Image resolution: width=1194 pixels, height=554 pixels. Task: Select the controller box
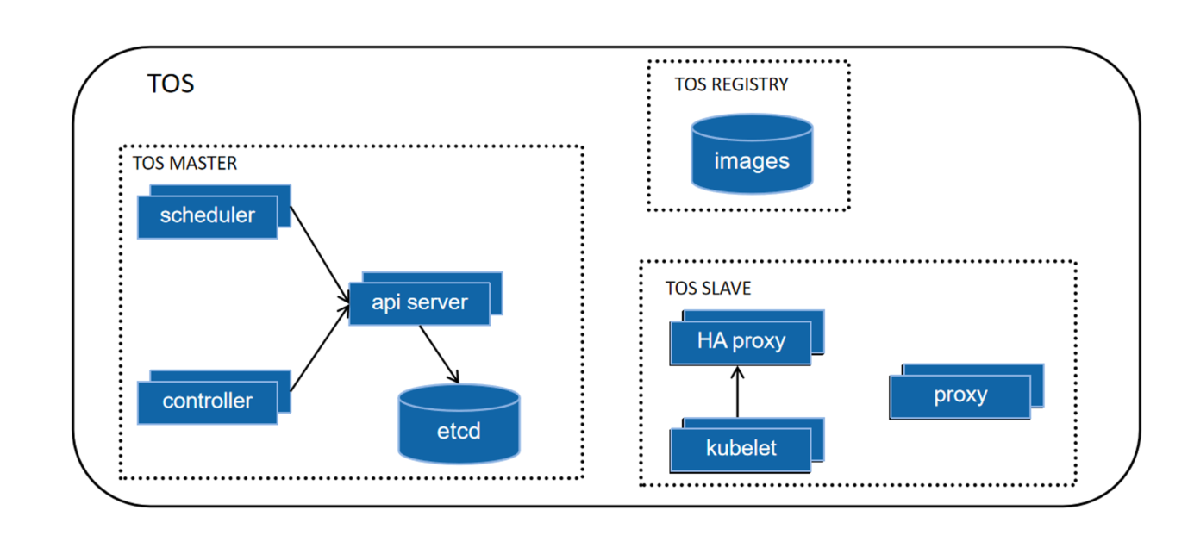(x=208, y=401)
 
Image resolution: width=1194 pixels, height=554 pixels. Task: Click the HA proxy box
(x=741, y=341)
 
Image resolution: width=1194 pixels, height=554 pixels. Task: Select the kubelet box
(x=741, y=449)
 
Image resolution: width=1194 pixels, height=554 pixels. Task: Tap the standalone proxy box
(x=960, y=396)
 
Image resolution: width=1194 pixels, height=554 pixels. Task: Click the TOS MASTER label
(x=184, y=162)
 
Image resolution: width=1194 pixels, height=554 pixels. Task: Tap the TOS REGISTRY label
(x=731, y=84)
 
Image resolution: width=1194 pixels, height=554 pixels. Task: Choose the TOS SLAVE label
(x=708, y=288)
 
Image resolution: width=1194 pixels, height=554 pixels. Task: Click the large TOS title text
(x=171, y=84)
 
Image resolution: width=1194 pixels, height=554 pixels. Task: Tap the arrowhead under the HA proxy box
(x=737, y=371)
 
